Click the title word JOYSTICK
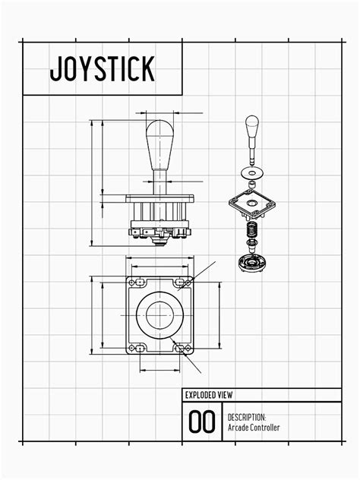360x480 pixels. tap(103, 68)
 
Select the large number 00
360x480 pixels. tap(202, 422)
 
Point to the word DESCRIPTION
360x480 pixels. tap(247, 417)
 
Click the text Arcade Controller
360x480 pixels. tap(254, 428)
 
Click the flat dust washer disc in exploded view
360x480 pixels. tap(252, 172)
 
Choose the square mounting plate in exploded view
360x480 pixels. tap(252, 203)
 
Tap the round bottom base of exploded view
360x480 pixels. tap(251, 264)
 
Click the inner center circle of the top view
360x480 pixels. tap(159, 314)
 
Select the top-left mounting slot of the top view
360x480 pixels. tap(137, 283)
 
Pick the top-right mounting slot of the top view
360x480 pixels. tap(182, 283)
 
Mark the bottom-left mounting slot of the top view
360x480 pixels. tap(137, 348)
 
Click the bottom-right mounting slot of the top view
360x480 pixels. tap(182, 348)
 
